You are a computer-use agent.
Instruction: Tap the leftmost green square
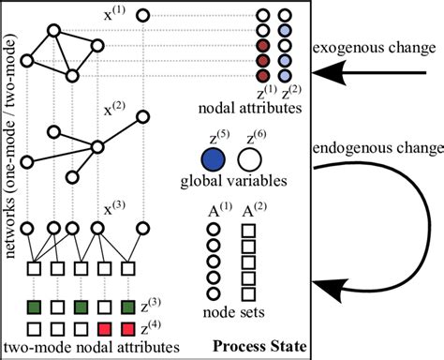coord(34,307)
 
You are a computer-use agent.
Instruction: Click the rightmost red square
coord(129,329)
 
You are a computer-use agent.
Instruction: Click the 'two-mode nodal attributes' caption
coord(76,349)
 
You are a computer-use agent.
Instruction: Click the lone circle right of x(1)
coord(143,15)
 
